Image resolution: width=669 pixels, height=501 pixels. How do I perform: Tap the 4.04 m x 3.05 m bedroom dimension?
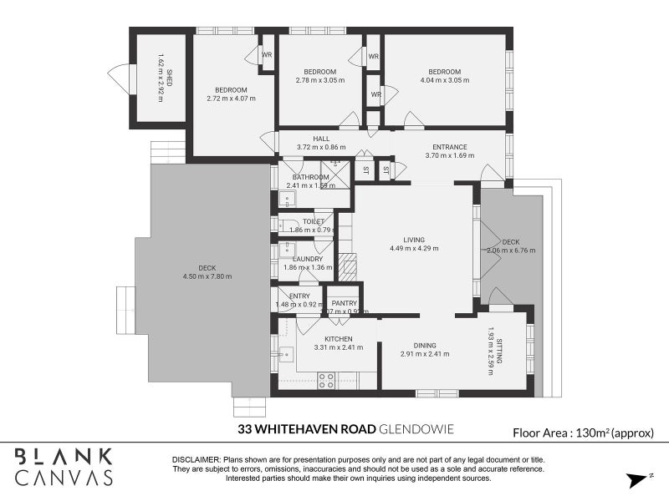coord(445,81)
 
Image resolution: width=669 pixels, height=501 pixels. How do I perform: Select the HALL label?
coord(321,139)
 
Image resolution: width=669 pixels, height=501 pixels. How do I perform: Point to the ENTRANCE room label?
coord(449,147)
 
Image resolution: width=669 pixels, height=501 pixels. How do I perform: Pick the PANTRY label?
coord(344,303)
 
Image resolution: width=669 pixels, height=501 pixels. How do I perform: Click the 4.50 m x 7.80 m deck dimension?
coord(208,276)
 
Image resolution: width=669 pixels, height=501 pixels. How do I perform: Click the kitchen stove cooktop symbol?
coord(326,380)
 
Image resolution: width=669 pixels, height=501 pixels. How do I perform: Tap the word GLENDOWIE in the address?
coord(416,431)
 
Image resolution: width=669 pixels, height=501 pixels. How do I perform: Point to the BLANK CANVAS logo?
coord(63,467)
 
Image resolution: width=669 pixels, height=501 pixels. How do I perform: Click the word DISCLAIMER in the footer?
coord(195,460)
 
